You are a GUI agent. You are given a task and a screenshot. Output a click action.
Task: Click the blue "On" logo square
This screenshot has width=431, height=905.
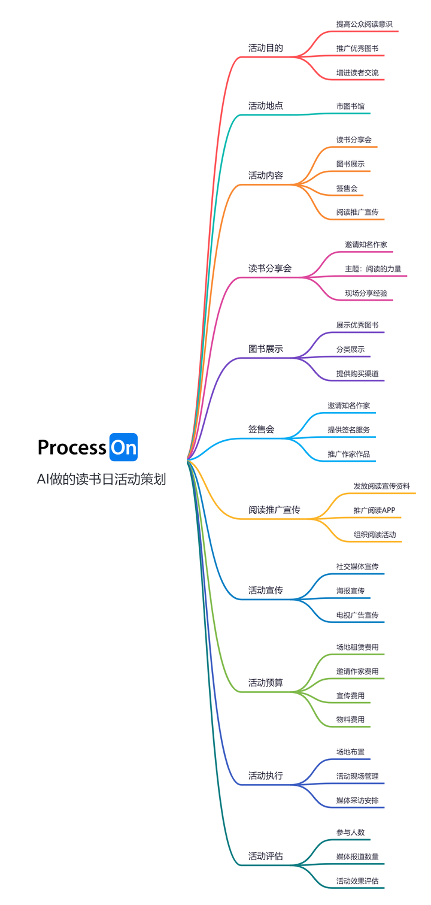[123, 447]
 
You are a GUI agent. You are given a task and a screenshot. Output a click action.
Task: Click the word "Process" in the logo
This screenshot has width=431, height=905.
[72, 447]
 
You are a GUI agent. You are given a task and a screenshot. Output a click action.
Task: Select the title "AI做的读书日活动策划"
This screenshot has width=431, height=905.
[101, 480]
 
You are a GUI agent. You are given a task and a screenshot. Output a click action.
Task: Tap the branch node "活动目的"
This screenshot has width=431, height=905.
[265, 48]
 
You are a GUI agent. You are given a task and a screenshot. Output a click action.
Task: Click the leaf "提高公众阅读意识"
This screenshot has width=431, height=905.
[365, 24]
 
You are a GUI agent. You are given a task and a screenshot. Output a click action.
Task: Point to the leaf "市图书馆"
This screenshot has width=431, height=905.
[350, 106]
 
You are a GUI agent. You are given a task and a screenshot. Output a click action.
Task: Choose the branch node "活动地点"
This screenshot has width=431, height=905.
[265, 105]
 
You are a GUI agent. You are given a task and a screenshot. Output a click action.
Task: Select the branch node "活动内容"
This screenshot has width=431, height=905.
[265, 175]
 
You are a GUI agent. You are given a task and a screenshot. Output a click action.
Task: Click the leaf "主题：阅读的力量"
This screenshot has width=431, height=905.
[373, 269]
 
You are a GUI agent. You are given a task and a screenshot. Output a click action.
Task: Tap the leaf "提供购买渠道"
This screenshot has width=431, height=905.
[357, 374]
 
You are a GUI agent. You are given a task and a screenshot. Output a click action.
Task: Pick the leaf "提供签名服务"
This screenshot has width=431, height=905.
[348, 430]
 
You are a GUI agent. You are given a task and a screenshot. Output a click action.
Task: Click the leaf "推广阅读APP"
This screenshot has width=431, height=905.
[374, 510]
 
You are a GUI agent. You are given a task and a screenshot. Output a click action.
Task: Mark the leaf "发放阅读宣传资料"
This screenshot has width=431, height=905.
[381, 486]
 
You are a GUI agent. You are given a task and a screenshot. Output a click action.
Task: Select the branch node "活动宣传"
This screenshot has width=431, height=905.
[265, 591]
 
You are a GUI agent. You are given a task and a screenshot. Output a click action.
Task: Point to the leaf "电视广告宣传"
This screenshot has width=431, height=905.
[357, 615]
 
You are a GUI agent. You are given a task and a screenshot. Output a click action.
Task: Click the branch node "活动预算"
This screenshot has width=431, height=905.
[265, 683]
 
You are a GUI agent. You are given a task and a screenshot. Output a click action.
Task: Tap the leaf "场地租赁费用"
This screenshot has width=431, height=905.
[357, 647]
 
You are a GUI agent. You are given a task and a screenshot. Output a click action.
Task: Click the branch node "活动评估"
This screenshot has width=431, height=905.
[265, 856]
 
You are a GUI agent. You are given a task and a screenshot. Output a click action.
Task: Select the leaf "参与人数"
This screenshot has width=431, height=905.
[350, 833]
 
